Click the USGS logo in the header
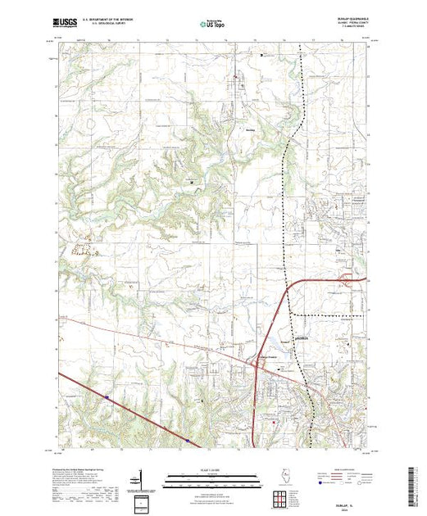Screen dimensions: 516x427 click(64, 25)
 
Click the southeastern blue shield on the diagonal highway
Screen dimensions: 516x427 click(188, 440)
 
